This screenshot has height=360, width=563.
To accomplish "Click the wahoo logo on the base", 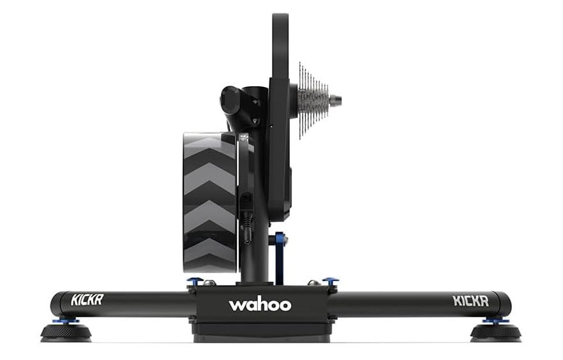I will pyautogui.click(x=260, y=304).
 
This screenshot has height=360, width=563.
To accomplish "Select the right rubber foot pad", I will pyautogui.click(x=495, y=332).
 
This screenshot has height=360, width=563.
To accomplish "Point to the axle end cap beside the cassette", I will pyautogui.click(x=336, y=100).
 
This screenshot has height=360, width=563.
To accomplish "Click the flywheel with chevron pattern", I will pyautogui.click(x=209, y=201).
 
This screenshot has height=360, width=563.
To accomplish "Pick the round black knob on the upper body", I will pyautogui.click(x=230, y=100).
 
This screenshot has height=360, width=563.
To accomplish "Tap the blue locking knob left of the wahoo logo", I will pyautogui.click(x=195, y=281).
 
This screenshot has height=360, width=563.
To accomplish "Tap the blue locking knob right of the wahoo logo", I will pyautogui.click(x=330, y=281).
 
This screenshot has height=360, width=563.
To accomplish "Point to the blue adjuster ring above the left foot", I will pyautogui.click(x=69, y=319).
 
